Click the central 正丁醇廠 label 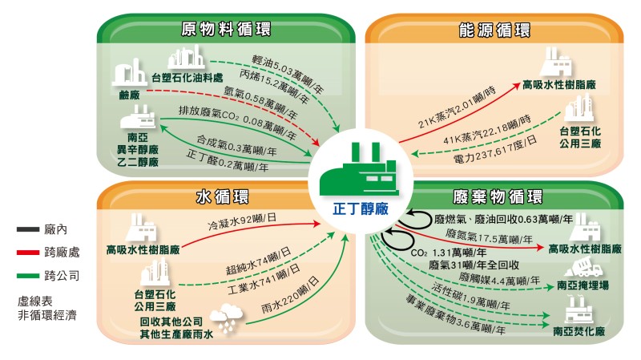click(360, 209)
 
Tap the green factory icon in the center click(359, 169)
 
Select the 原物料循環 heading click(226, 29)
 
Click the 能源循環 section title click(494, 30)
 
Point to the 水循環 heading click(223, 196)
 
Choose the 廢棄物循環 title click(498, 196)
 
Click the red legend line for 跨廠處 click(28, 253)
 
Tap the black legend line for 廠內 click(28, 229)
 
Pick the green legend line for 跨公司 click(28, 276)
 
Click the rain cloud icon click(226, 318)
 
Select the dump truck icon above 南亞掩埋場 click(583, 267)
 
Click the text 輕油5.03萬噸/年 click(288, 74)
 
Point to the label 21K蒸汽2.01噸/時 click(457, 107)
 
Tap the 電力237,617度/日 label click(494, 149)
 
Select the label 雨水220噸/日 click(290, 295)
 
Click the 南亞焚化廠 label click(579, 331)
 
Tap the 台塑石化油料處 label click(187, 77)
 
